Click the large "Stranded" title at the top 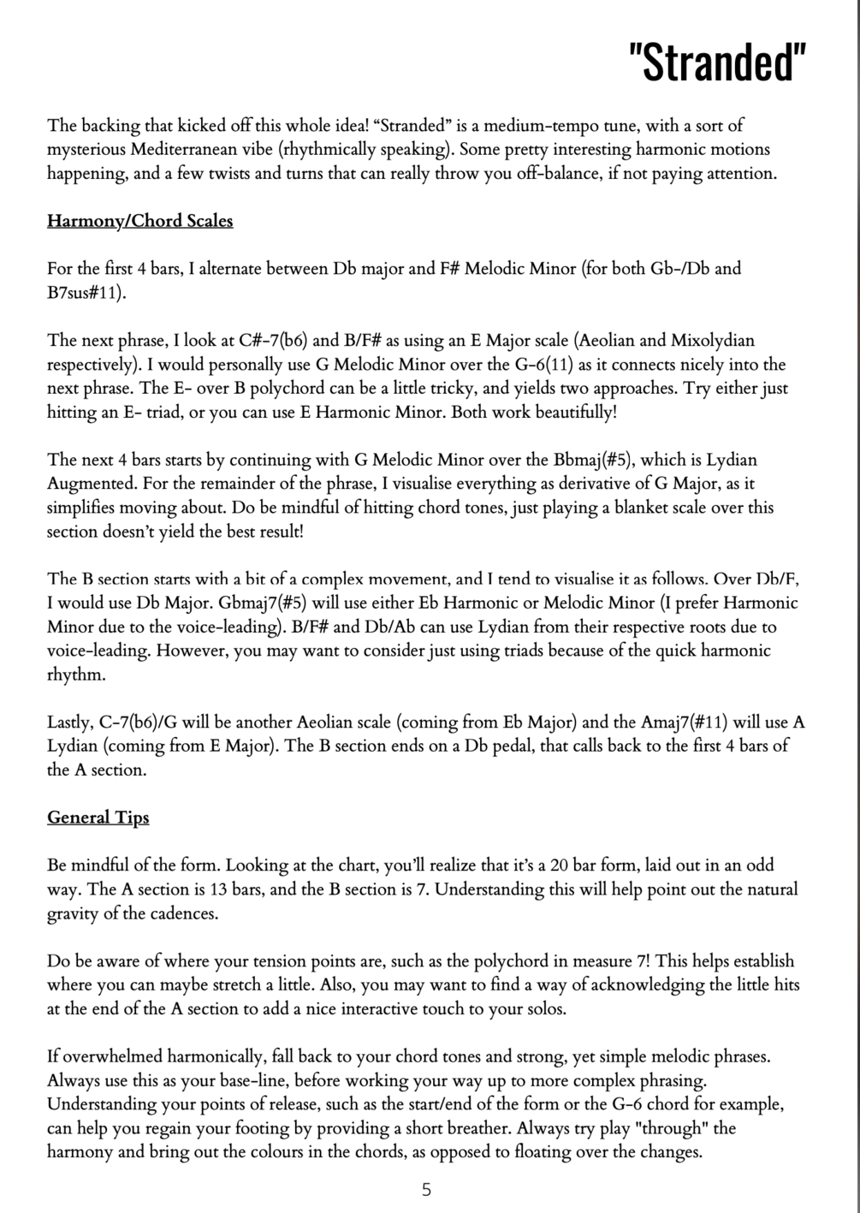point(717,61)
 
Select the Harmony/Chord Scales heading point(139,221)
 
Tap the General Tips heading point(98,818)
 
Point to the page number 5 point(426,1189)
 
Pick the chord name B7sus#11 point(85,293)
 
